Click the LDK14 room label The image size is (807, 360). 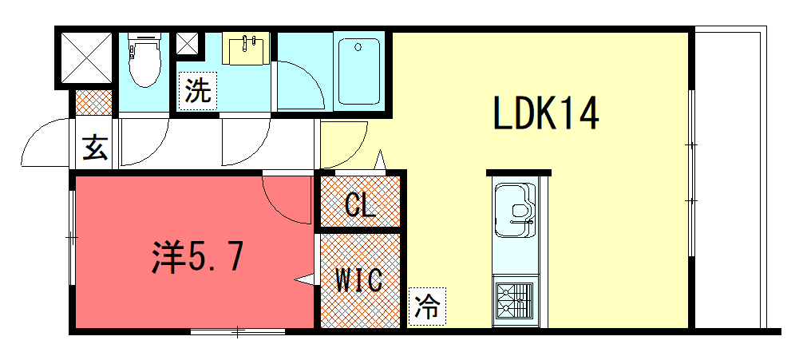tap(545, 113)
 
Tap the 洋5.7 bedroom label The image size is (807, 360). tap(197, 257)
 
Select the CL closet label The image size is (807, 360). tap(360, 205)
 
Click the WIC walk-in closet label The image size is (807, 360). tap(359, 280)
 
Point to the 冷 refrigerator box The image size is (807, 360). tap(428, 307)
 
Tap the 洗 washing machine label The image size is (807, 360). tap(197, 91)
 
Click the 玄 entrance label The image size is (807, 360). tap(96, 148)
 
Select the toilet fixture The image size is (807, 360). tap(144, 60)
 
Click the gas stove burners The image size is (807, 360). tap(515, 300)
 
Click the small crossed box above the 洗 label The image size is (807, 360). tap(188, 44)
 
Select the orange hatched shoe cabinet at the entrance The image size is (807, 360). tap(93, 103)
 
